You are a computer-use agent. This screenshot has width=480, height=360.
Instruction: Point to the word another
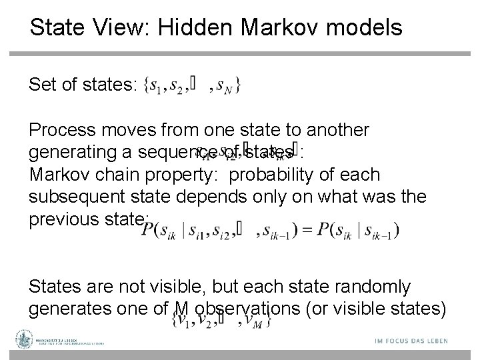pos(331,129)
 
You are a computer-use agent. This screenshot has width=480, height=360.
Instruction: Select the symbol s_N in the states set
pos(225,87)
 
